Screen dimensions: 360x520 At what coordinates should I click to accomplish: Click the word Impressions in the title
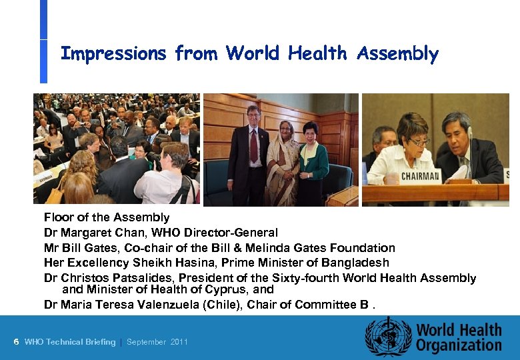[113, 53]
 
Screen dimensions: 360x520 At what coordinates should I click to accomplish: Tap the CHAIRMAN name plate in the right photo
[420, 177]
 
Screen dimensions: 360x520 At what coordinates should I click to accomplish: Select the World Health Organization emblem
[388, 337]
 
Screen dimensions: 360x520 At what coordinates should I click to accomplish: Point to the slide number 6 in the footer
[16, 342]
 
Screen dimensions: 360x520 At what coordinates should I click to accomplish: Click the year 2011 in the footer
[179, 342]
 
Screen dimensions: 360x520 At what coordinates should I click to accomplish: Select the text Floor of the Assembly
[107, 217]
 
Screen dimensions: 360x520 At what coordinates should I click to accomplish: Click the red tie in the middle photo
[253, 143]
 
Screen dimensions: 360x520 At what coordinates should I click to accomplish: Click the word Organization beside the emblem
[459, 345]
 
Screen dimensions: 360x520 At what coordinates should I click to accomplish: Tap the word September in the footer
[146, 342]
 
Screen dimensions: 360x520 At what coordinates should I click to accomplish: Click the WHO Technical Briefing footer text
[69, 342]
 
